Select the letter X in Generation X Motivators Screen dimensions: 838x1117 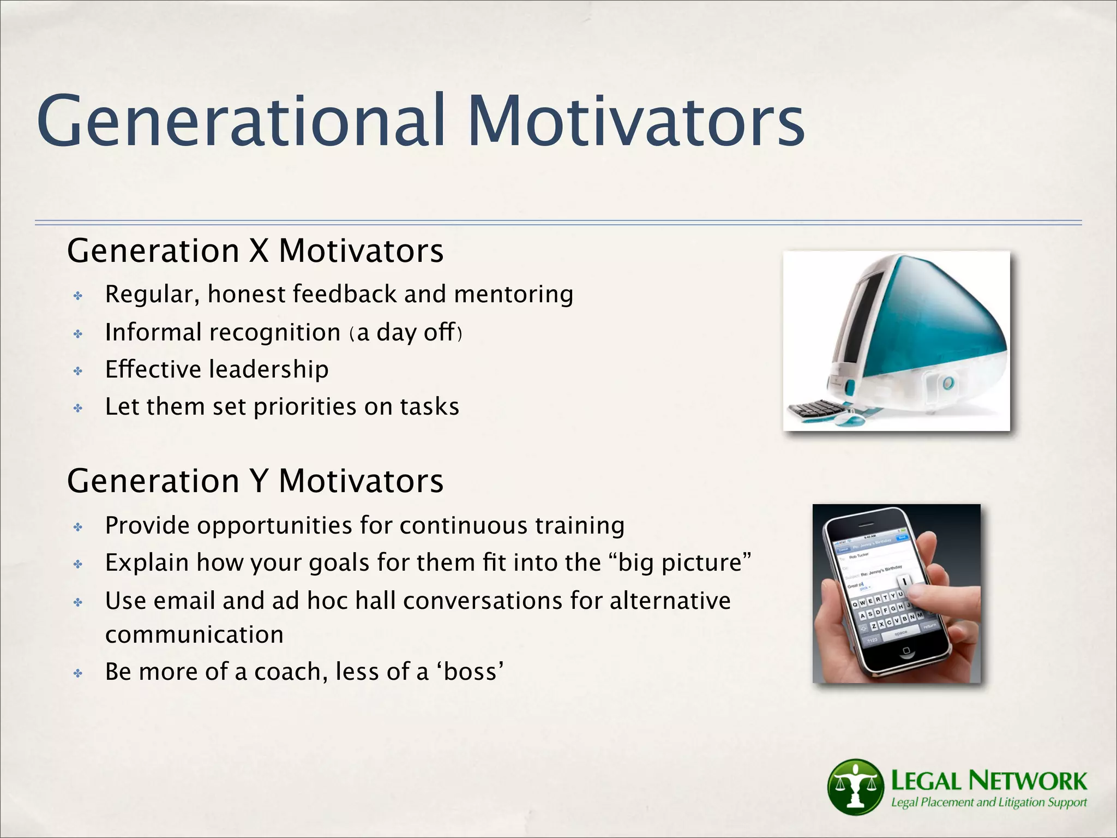point(259,251)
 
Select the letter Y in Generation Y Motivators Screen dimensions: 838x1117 point(259,481)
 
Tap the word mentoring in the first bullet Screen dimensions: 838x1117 point(513,295)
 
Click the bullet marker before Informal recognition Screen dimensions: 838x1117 point(78,334)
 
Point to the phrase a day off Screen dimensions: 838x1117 point(406,333)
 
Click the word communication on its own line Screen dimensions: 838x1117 point(194,635)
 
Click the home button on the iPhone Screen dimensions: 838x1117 point(906,650)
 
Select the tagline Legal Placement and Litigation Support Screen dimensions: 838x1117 point(988,803)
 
